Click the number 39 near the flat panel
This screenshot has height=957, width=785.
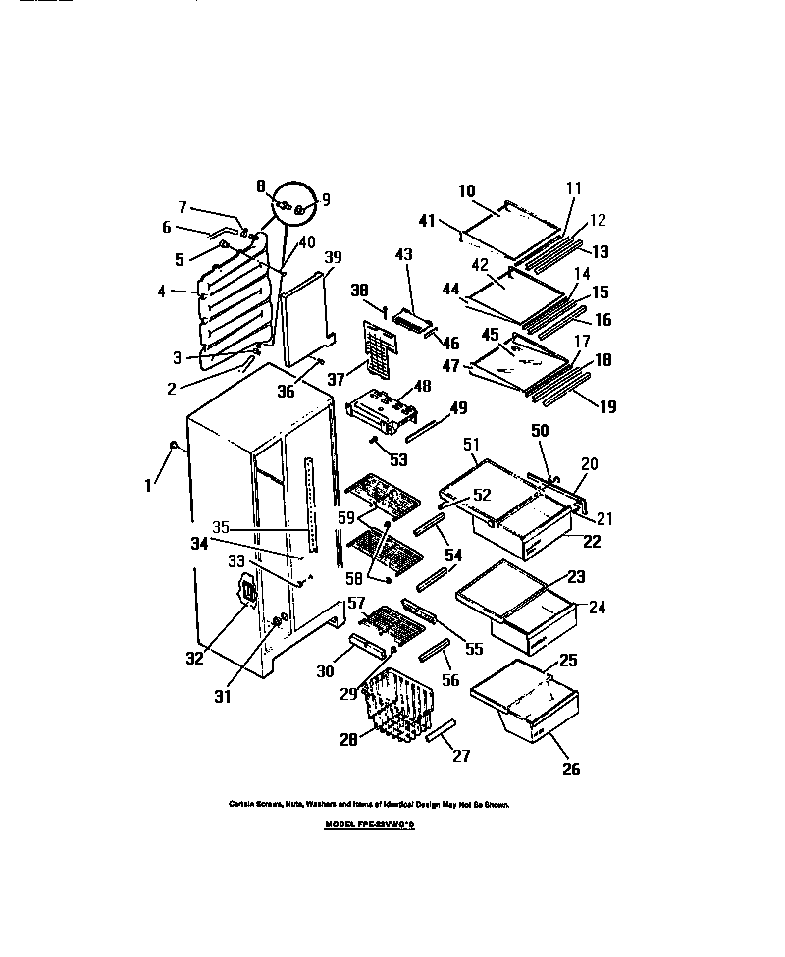click(333, 258)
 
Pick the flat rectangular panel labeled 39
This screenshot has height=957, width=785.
click(307, 319)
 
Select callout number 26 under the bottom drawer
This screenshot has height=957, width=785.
click(570, 770)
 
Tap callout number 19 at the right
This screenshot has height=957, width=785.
click(607, 405)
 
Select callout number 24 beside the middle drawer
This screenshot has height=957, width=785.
click(598, 608)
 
